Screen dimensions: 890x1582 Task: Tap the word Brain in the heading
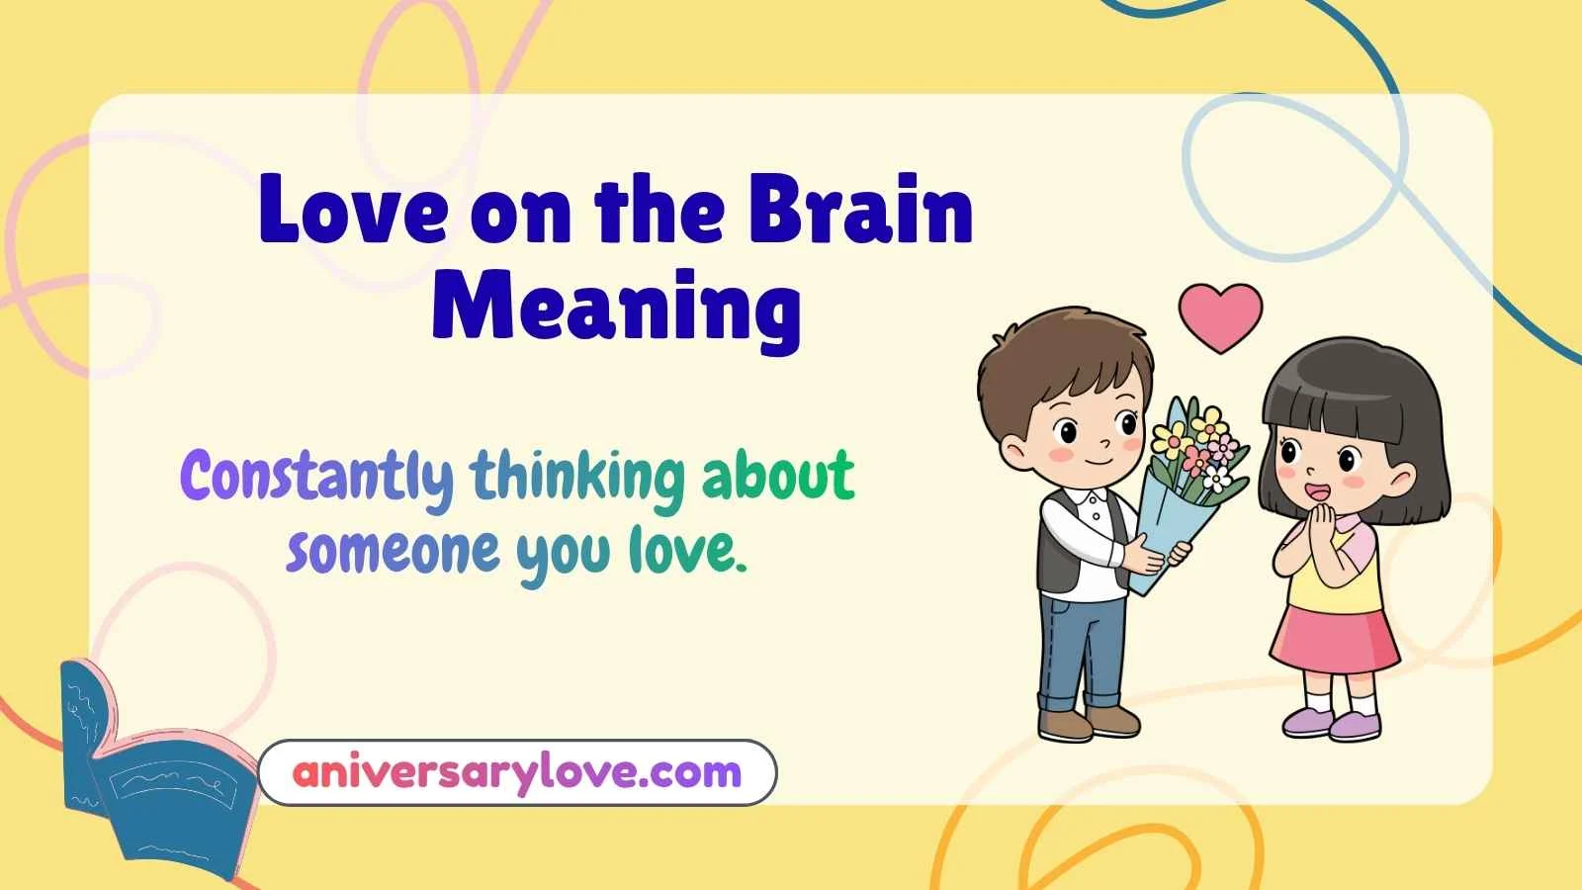(x=860, y=211)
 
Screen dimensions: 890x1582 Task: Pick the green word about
(x=777, y=477)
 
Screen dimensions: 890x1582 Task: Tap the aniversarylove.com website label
(x=517, y=772)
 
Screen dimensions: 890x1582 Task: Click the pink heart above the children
(x=1220, y=315)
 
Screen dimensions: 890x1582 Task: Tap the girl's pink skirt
(x=1334, y=638)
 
